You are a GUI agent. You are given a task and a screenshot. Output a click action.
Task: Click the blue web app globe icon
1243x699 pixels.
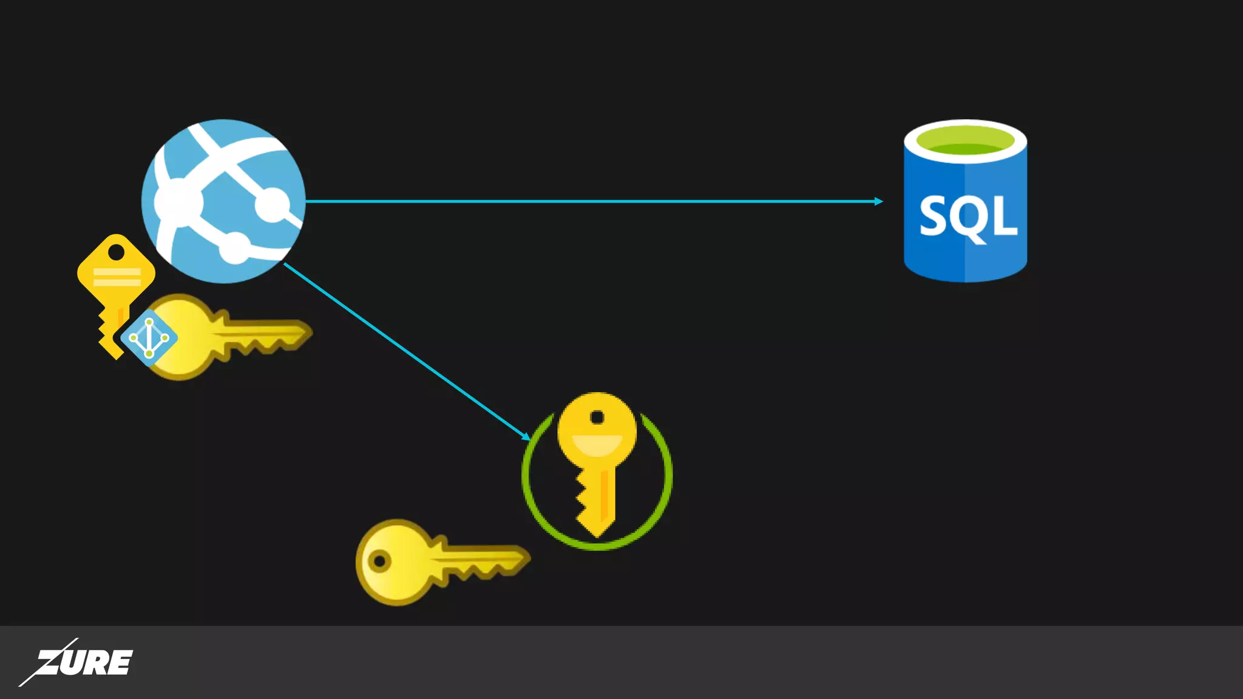pyautogui.click(x=223, y=201)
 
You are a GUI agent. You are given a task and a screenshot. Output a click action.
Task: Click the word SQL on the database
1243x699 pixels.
pyautogui.click(x=967, y=217)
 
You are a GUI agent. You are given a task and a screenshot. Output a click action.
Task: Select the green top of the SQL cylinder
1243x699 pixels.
pyautogui.click(x=965, y=141)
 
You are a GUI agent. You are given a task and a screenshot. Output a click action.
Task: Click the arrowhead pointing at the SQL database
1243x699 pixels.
pyautogui.click(x=878, y=201)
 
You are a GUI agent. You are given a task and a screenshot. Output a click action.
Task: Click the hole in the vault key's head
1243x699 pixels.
pyautogui.click(x=597, y=417)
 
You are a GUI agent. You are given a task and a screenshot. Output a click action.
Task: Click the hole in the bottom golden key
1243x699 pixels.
pyautogui.click(x=379, y=561)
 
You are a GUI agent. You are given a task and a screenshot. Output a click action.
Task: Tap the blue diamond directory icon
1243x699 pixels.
pyautogui.click(x=149, y=338)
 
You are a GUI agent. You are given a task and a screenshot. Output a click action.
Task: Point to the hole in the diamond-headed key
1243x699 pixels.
pyautogui.click(x=116, y=252)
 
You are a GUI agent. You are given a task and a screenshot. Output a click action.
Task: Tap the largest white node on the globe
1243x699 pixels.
pyautogui.click(x=177, y=202)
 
